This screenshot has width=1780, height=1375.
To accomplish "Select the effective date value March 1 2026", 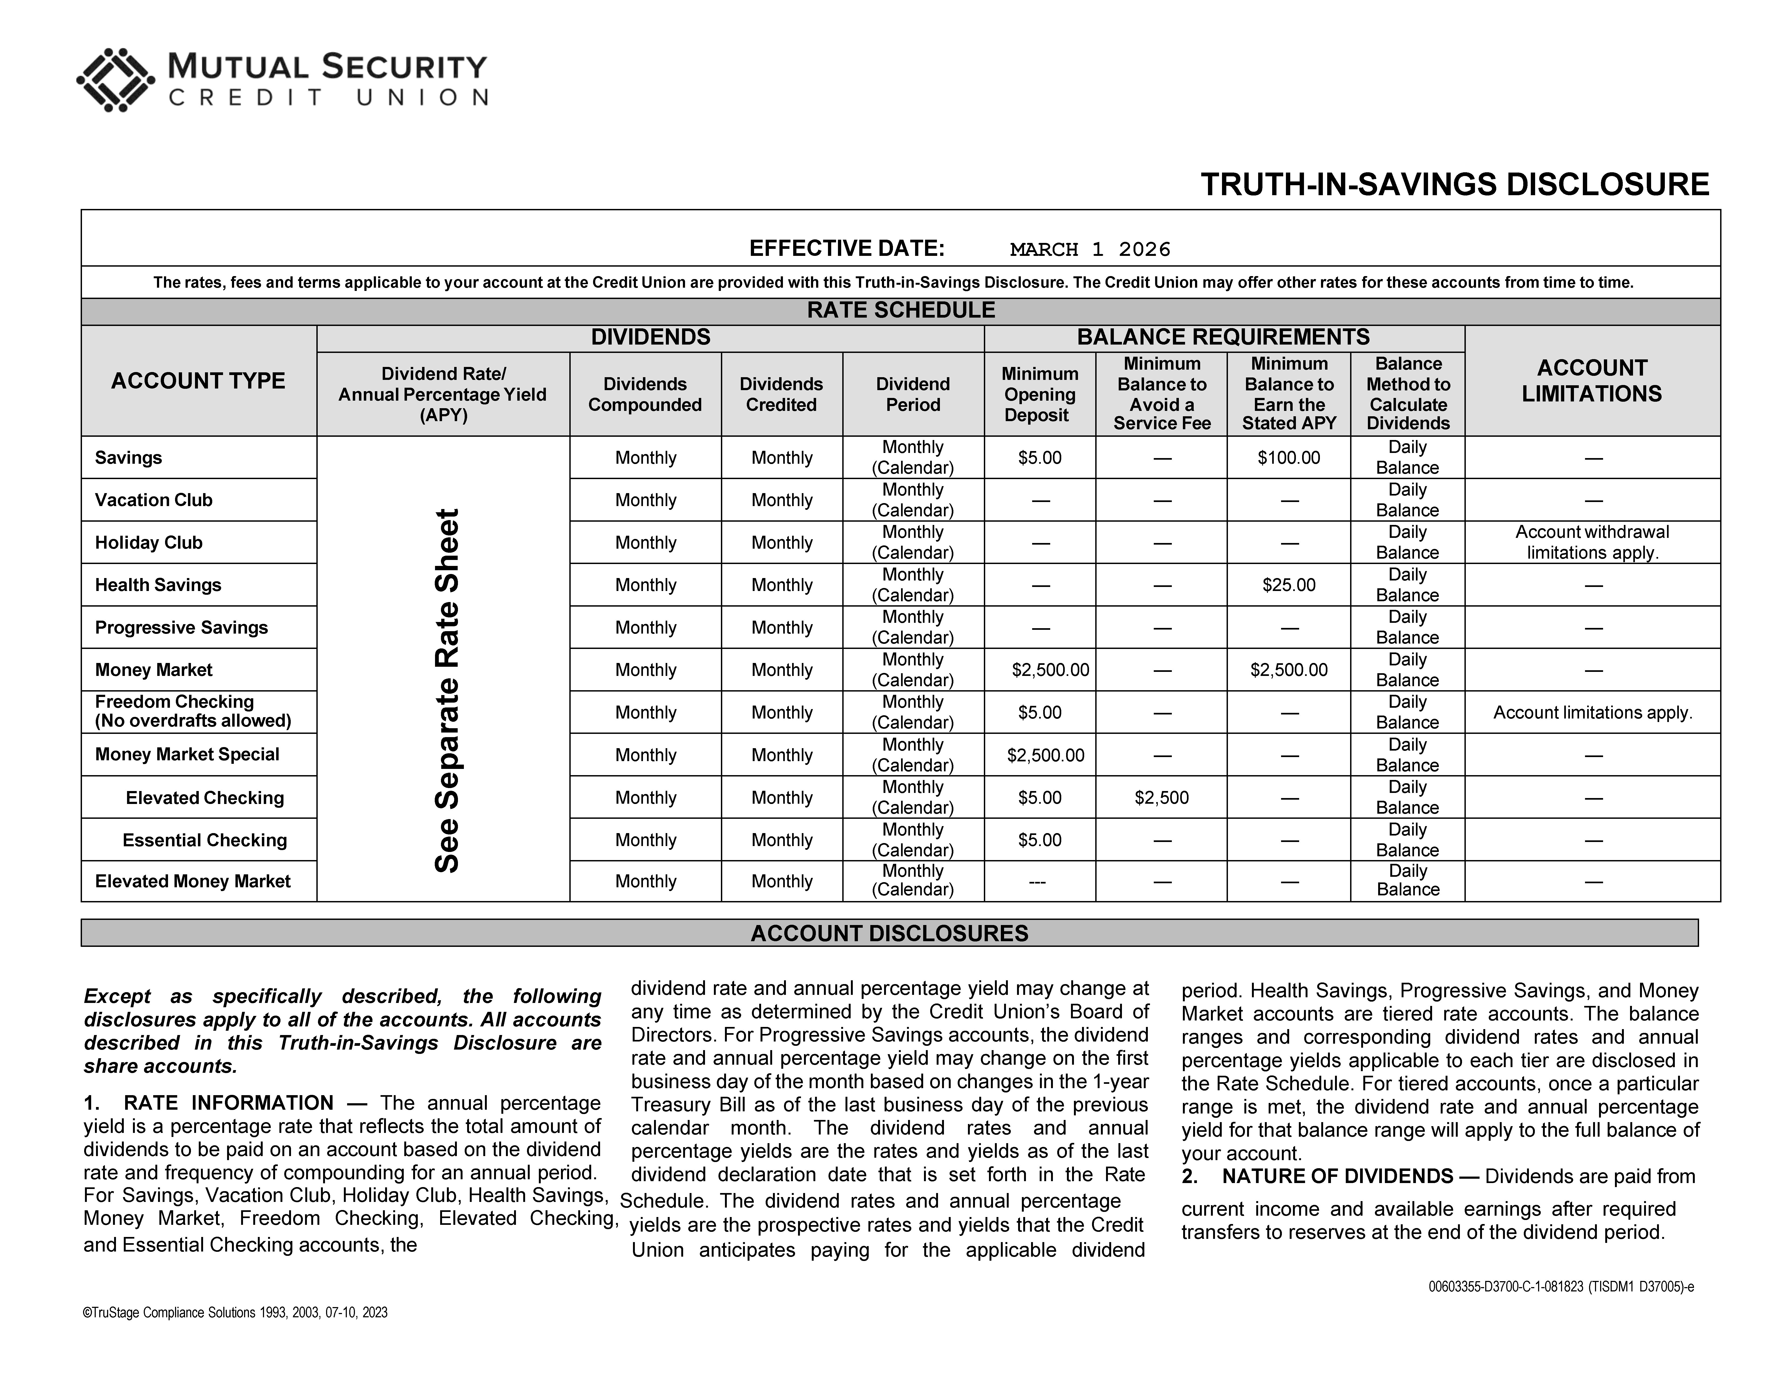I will click(x=1090, y=249).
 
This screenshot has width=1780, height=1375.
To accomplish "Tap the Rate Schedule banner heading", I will click(x=901, y=310).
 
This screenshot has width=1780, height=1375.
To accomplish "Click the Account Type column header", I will click(x=198, y=381).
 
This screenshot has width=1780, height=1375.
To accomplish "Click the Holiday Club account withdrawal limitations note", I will click(x=1592, y=542).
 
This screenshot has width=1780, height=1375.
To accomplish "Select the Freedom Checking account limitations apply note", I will click(x=1592, y=713).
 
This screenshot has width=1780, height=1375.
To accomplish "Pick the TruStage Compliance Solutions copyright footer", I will click(x=235, y=1312).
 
